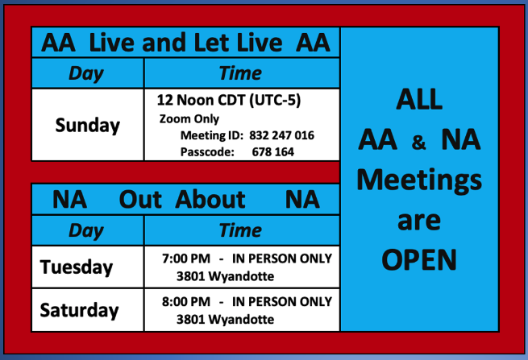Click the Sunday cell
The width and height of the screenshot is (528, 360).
click(88, 126)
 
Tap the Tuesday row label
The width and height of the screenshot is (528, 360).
click(77, 267)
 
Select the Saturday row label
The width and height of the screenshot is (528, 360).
click(79, 310)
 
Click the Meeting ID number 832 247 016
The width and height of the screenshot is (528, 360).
click(281, 135)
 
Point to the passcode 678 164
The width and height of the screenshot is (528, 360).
click(272, 151)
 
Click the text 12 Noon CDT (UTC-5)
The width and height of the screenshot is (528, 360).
click(229, 100)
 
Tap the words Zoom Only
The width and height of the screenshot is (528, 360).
click(189, 118)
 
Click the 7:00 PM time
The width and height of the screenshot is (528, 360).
click(186, 259)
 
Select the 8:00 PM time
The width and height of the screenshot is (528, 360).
click(186, 301)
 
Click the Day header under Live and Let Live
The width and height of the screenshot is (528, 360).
click(86, 73)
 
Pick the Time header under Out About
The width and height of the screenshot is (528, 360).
click(240, 230)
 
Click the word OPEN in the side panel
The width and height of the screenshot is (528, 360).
click(419, 260)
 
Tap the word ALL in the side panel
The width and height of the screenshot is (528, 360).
click(419, 99)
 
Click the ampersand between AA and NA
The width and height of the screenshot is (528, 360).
click(418, 142)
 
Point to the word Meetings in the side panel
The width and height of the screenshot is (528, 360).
click(419, 180)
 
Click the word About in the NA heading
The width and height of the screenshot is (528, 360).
click(210, 200)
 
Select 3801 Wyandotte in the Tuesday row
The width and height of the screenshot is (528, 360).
click(225, 276)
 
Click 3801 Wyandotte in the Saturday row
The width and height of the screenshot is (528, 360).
click(225, 319)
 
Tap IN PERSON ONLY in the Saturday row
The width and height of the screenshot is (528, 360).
click(282, 301)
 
